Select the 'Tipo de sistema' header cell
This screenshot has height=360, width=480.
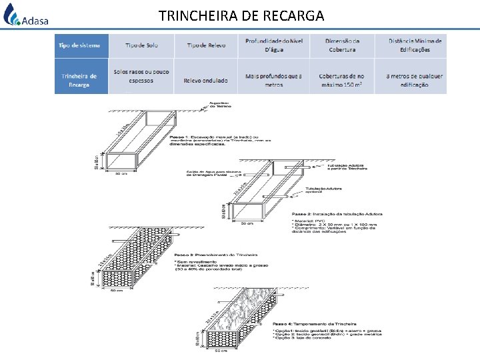79,45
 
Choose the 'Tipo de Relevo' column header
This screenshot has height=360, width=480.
206,45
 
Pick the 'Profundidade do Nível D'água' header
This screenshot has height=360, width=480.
273,45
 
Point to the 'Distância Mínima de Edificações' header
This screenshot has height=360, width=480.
415,45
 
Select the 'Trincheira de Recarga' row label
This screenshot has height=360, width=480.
79,81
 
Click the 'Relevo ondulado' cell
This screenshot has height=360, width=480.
206,81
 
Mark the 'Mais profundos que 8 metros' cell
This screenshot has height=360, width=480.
273,81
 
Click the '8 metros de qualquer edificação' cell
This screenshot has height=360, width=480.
415,81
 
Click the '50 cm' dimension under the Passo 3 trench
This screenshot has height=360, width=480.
117,291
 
